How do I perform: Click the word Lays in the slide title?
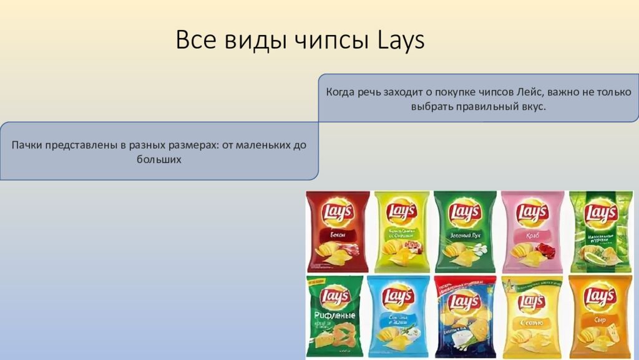[401, 41]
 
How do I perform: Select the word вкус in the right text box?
[531, 107]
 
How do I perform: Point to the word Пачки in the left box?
[26, 145]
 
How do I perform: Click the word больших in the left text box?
[159, 159]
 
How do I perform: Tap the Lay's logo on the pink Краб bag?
[532, 213]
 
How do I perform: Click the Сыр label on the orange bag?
[599, 321]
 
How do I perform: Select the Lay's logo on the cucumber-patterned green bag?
[601, 213]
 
